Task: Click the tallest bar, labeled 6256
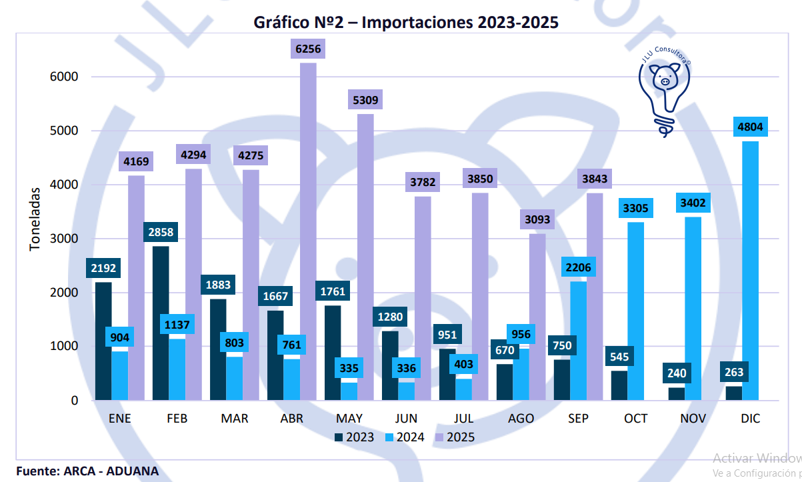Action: (308, 233)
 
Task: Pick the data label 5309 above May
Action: (365, 101)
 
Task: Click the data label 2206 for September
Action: (577, 268)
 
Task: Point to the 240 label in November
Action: (677, 373)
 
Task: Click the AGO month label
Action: (521, 419)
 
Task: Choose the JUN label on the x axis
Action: (406, 419)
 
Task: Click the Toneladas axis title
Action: (35, 219)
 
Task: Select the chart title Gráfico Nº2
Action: (406, 23)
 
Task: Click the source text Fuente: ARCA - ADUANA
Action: (87, 471)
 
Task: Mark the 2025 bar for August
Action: (537, 317)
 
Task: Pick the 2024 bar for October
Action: (635, 311)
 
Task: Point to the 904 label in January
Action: (119, 337)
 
